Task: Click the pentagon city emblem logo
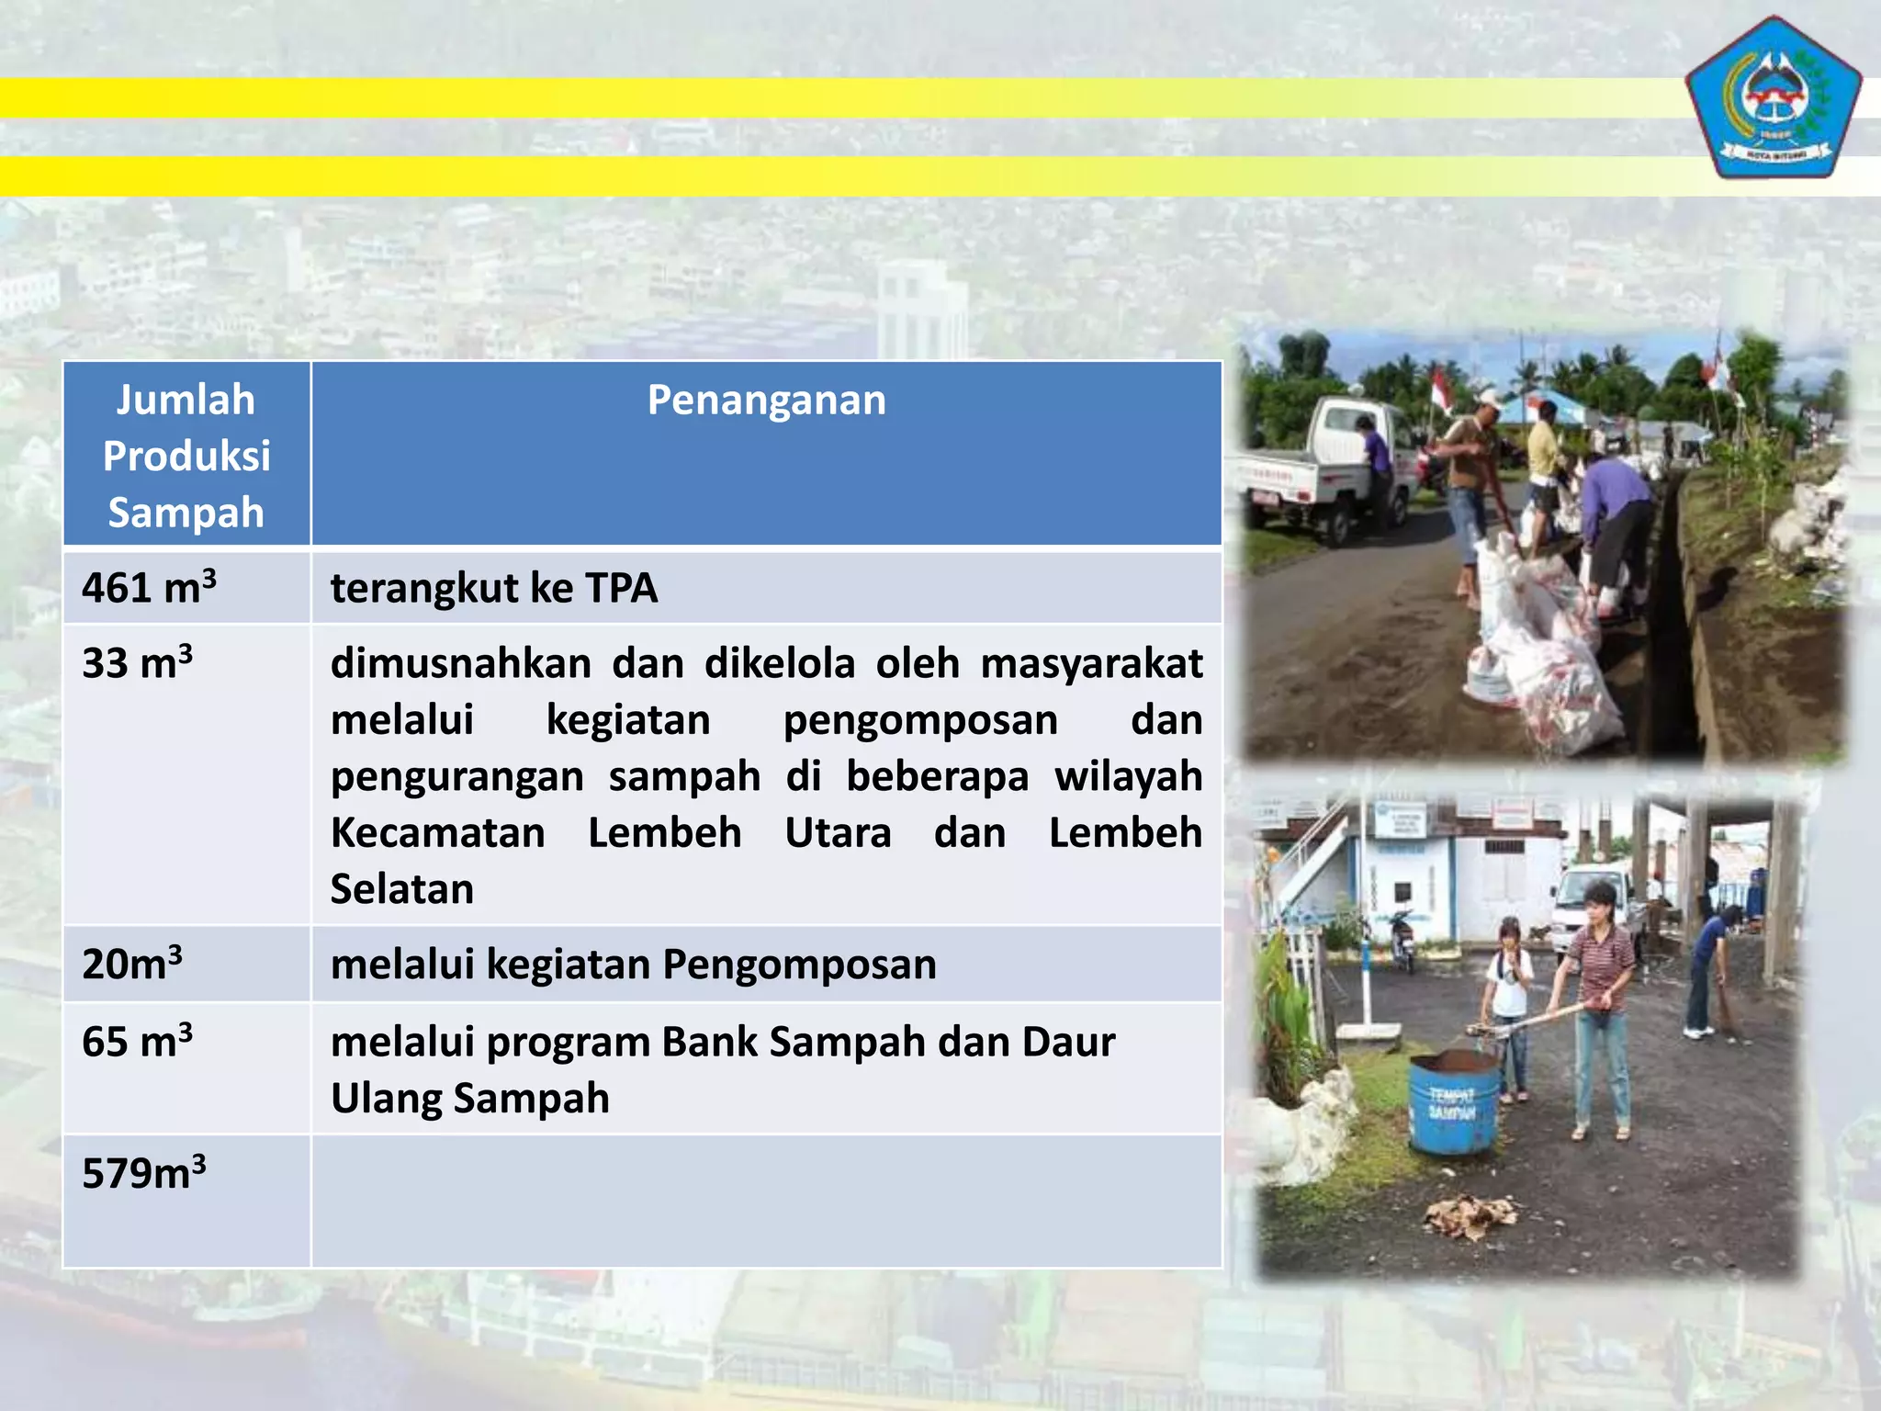[1773, 98]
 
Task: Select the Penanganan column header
[766, 401]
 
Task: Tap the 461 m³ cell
[149, 588]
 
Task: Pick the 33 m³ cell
[137, 663]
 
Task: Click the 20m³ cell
[132, 964]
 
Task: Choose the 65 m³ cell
[137, 1042]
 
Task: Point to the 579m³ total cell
[144, 1173]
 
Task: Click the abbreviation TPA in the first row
[621, 588]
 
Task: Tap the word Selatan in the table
[401, 889]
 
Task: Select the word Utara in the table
[838, 833]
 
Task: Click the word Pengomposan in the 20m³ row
[799, 965]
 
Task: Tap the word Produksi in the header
[186, 457]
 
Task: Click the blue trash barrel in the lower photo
[1455, 1101]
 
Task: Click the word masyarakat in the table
[1091, 663]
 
